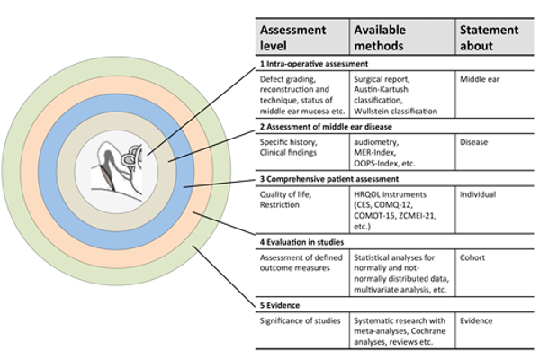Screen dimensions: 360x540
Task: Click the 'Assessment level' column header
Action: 293,38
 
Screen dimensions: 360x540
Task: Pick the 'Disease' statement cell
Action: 477,142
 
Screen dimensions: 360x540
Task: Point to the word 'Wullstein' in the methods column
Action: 378,112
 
